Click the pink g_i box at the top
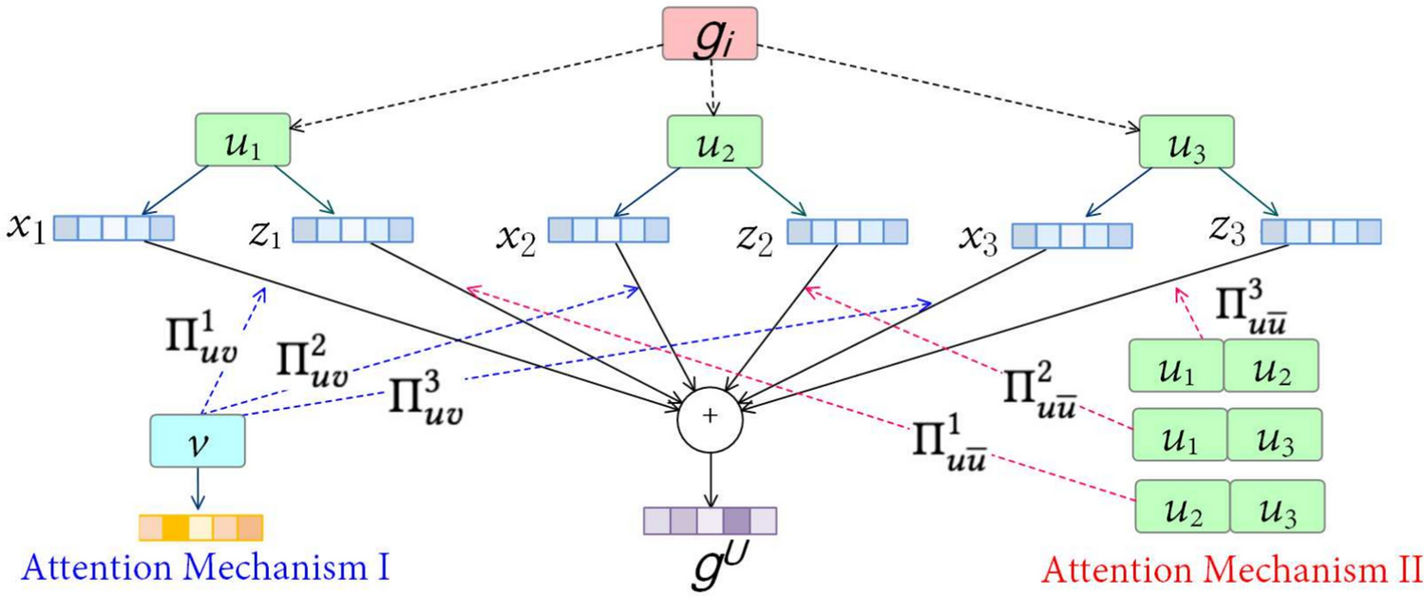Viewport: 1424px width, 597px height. click(x=710, y=40)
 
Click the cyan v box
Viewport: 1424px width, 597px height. click(x=198, y=441)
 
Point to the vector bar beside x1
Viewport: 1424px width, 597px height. click(x=113, y=228)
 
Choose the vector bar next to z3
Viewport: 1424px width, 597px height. click(x=1320, y=231)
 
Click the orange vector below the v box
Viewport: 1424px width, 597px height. click(x=200, y=528)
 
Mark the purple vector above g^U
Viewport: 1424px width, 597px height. click(x=710, y=521)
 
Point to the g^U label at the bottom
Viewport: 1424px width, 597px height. click(x=710, y=568)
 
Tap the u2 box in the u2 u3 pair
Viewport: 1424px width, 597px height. click(x=1183, y=505)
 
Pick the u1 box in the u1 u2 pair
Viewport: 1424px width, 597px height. click(x=1175, y=366)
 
